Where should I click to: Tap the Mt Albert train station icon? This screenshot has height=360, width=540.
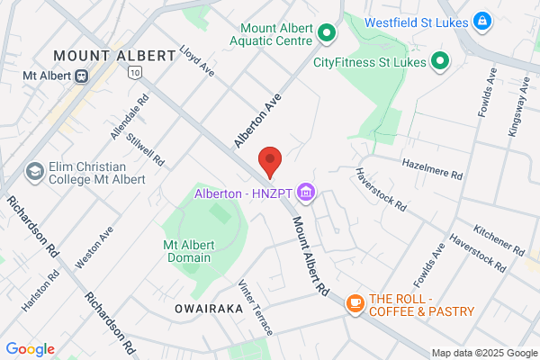(x=81, y=76)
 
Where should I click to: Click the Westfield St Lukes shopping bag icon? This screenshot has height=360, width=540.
(x=482, y=19)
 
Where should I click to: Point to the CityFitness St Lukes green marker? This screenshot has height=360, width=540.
(x=439, y=62)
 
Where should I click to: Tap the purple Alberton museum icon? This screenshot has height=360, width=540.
(x=306, y=192)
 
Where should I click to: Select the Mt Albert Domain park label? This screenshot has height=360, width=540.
(x=188, y=251)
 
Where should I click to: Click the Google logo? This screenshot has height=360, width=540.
(x=30, y=349)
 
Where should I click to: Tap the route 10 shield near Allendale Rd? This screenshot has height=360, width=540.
(x=135, y=69)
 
